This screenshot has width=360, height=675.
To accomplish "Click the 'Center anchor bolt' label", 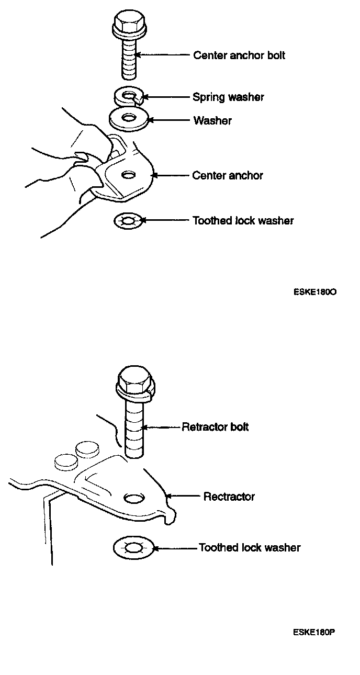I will (x=239, y=55).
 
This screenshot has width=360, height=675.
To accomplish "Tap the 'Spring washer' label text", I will (x=228, y=97).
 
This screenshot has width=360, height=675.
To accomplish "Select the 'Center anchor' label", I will (x=228, y=175).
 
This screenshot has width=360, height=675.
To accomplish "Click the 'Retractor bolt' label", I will (x=215, y=427).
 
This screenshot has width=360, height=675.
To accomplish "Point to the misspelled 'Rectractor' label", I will (x=229, y=496).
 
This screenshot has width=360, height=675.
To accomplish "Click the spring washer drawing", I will (x=128, y=96).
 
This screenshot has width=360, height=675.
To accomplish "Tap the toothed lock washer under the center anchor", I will (x=128, y=221).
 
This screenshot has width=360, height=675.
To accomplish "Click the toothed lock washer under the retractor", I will (x=132, y=548).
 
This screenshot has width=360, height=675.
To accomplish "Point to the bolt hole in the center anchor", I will (x=126, y=174).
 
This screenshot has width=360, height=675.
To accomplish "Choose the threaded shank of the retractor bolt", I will (x=134, y=426).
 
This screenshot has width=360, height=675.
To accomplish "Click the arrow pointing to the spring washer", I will (x=165, y=97).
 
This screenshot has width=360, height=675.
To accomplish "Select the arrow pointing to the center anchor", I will (x=170, y=176).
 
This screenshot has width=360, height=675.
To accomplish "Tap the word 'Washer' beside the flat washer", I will (x=212, y=120).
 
